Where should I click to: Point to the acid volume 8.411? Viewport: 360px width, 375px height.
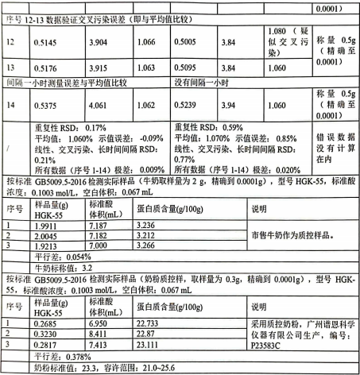point(96,334)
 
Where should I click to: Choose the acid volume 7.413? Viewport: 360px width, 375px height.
point(96,346)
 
